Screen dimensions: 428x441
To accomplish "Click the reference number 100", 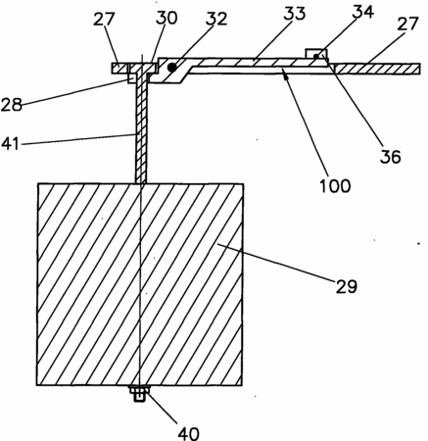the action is pyautogui.click(x=335, y=185).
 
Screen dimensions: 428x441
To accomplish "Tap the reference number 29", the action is pyautogui.click(x=347, y=286).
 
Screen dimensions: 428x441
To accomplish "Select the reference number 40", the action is pyautogui.click(x=188, y=433).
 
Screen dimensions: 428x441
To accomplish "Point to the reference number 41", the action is pyautogui.click(x=10, y=143).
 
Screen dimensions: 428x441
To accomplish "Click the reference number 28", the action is pyautogui.click(x=12, y=105).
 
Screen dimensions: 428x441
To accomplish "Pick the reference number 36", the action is pyautogui.click(x=390, y=157).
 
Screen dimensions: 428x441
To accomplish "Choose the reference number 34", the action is pyautogui.click(x=363, y=13).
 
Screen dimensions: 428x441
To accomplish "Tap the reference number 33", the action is pyautogui.click(x=294, y=14).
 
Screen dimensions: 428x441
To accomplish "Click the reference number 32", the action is pyautogui.click(x=216, y=19).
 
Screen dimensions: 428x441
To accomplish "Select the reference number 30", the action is pyautogui.click(x=166, y=18).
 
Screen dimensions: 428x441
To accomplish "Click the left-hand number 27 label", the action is pyautogui.click(x=104, y=19).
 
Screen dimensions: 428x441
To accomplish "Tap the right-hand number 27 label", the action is pyautogui.click(x=407, y=24).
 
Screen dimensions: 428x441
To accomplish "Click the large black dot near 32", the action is pyautogui.click(x=172, y=68).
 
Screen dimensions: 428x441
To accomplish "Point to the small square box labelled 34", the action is pyautogui.click(x=315, y=54).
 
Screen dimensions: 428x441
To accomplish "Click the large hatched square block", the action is pyautogui.click(x=140, y=284).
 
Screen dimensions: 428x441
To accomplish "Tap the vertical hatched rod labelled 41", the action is pyautogui.click(x=141, y=129).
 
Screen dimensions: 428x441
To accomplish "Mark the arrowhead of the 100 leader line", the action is pyautogui.click(x=286, y=76).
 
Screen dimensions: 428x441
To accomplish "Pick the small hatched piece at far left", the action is pyautogui.click(x=119, y=68).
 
